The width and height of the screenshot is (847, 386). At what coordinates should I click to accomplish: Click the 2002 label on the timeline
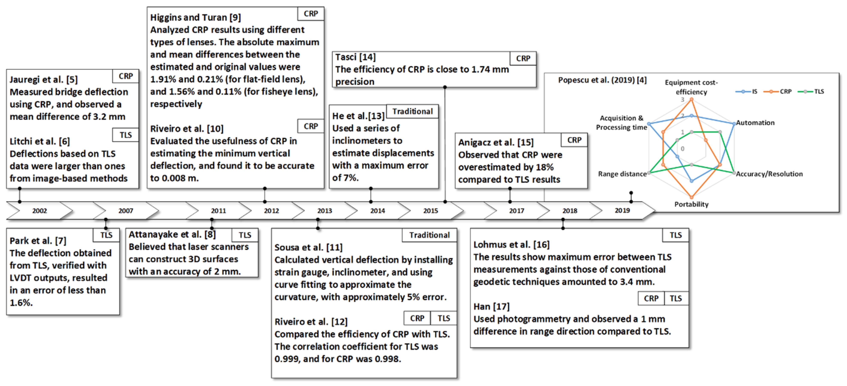pos(39,211)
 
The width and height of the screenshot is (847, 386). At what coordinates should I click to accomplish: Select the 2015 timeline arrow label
pos(430,211)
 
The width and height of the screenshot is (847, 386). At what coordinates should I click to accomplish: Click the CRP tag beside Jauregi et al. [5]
pos(125,76)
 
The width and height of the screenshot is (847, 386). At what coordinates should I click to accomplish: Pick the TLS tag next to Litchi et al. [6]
pos(125,135)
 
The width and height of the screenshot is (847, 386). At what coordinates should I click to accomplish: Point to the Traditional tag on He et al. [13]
pos(412,111)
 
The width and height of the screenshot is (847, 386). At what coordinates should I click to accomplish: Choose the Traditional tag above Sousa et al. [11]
pos(429,235)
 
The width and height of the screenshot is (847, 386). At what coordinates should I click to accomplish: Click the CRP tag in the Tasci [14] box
pos(523,58)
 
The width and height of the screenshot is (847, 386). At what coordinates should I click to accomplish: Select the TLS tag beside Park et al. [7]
pos(106,235)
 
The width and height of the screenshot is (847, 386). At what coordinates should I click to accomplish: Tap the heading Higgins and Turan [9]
pos(195,17)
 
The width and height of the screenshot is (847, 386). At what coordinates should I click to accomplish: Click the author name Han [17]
pos(491,306)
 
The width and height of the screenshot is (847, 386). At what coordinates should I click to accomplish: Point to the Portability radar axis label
pos(691,204)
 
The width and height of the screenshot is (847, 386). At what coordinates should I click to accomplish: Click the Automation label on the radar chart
pos(755,123)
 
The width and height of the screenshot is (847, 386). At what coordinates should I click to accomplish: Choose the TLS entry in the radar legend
pos(811,92)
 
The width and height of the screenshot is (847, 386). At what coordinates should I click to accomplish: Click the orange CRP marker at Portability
pos(692,197)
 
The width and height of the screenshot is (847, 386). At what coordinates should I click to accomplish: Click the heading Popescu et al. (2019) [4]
pos(602,80)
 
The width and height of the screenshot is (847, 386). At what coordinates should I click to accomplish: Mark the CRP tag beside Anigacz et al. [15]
pos(574,140)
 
